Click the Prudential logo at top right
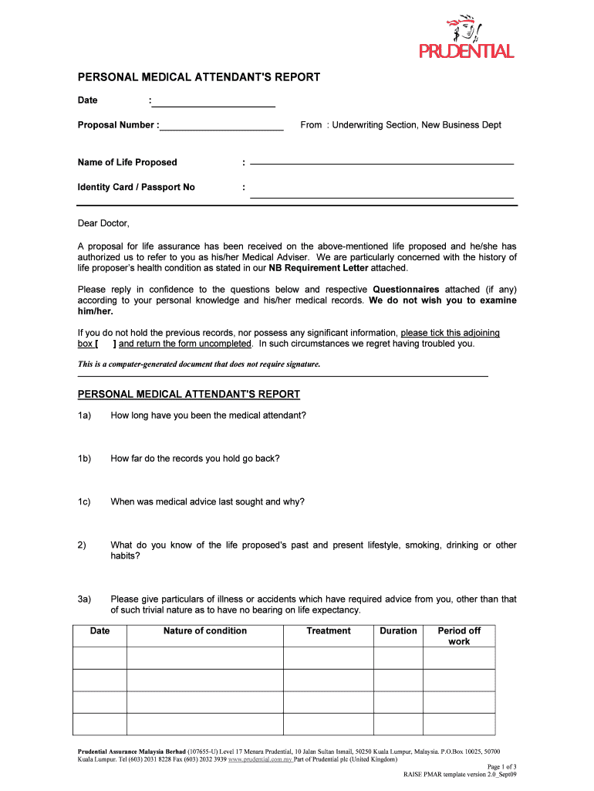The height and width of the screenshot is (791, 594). click(466, 38)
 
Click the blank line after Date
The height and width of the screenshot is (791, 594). click(214, 101)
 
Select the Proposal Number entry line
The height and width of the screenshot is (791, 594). click(222, 125)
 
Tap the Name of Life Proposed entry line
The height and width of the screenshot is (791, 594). click(382, 163)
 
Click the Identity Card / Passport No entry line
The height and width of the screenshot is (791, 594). click(382, 194)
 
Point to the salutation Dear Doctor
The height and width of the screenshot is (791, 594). click(103, 224)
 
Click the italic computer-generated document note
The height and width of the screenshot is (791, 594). click(199, 364)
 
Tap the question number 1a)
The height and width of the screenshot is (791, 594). click(84, 416)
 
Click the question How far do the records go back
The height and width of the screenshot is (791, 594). click(194, 459)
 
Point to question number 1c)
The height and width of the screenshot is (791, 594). click(84, 502)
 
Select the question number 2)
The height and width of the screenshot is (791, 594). click(82, 545)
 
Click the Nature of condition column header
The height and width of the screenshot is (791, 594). click(204, 631)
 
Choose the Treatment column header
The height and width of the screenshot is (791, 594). click(328, 631)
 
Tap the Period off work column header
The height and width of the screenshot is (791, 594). click(459, 636)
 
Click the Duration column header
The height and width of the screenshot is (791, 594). click(398, 631)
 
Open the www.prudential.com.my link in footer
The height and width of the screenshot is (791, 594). click(260, 759)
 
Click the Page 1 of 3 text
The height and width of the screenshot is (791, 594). click(501, 766)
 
